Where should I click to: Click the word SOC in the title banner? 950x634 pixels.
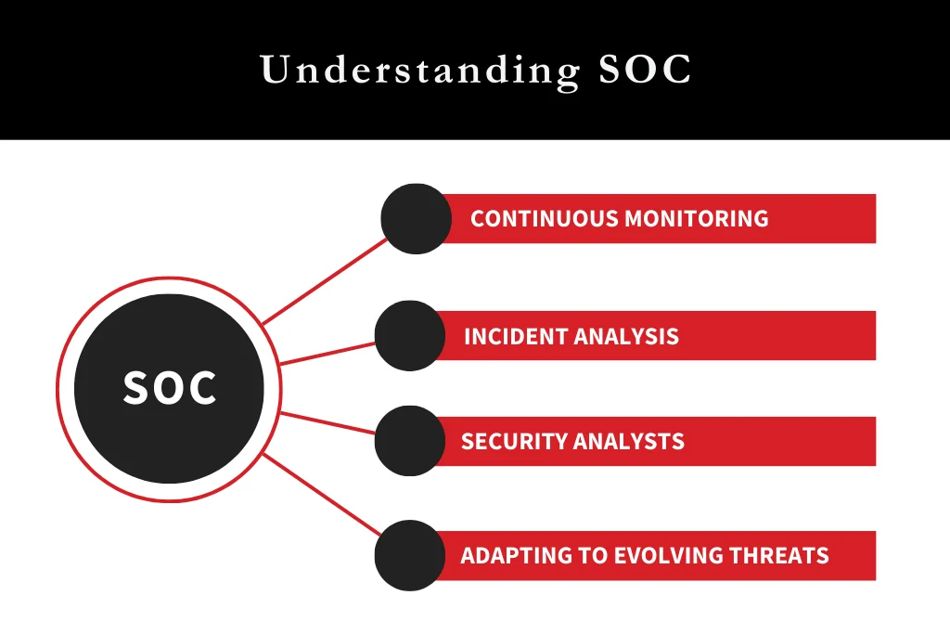(646, 71)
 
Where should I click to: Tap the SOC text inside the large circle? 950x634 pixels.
(170, 388)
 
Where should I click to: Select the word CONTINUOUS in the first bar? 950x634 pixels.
(544, 219)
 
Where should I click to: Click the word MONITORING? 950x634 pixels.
(696, 219)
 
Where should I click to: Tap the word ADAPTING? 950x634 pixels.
(508, 556)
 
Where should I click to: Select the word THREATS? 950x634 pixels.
(780, 556)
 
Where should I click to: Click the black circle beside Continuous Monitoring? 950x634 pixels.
(416, 219)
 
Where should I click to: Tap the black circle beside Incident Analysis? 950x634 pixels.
(409, 336)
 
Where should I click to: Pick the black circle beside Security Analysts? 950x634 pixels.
(409, 441)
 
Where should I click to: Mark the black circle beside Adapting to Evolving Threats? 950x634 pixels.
(409, 556)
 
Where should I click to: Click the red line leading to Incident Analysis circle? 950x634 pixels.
(327, 353)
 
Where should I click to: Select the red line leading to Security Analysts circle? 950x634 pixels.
(327, 422)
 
